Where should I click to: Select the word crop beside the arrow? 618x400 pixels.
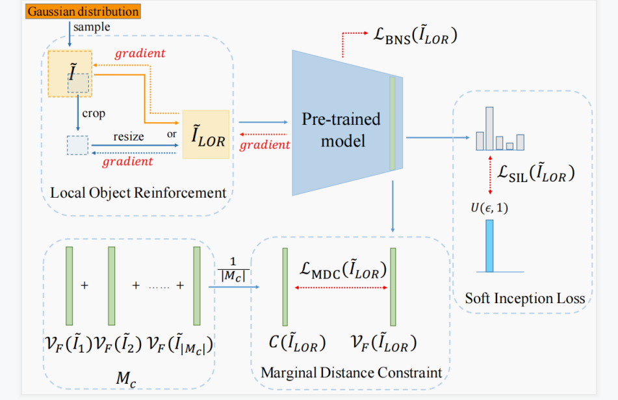(94, 113)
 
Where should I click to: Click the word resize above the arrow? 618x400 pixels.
(129, 138)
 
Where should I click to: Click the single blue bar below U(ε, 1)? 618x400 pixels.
(489, 245)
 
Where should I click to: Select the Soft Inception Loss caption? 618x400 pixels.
(524, 299)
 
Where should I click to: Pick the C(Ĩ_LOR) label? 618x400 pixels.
(297, 343)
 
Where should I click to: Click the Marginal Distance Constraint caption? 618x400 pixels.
(351, 373)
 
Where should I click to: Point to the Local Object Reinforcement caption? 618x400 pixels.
(138, 193)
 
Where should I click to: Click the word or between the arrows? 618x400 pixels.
(172, 135)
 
